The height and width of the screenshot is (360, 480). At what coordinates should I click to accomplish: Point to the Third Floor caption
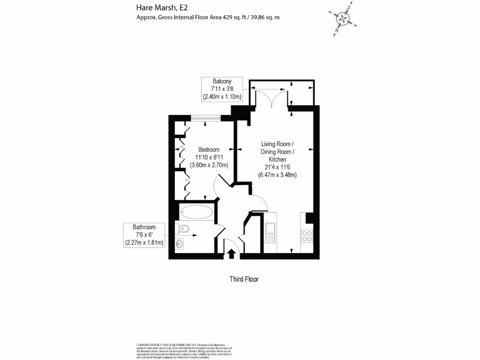point(244,279)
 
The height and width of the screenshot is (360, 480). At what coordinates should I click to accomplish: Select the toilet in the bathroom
point(184,229)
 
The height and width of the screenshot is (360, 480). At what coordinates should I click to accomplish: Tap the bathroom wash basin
point(180,244)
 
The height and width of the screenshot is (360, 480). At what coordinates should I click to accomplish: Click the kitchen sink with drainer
point(270,232)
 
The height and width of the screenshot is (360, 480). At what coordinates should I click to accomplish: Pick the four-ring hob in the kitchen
point(307,236)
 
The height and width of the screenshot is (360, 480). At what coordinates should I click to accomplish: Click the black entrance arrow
point(232,254)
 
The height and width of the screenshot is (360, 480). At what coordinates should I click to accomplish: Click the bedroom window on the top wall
point(206,118)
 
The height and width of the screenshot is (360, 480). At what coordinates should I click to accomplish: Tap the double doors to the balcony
point(271,97)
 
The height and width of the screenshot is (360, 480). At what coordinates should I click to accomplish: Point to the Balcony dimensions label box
point(222,89)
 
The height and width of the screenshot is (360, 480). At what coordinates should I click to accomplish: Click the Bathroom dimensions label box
point(144,235)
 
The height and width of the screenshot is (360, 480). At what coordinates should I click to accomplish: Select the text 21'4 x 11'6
point(277,167)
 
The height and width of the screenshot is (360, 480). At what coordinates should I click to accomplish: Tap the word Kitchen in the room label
point(277,160)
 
